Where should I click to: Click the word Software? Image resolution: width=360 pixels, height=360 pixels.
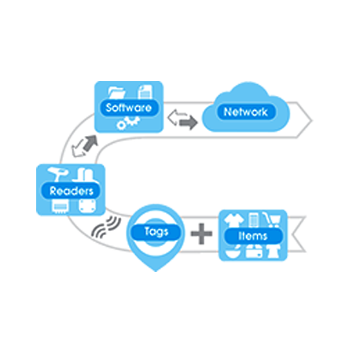pos(129,108)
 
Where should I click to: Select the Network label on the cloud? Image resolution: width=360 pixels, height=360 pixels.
pos(245,112)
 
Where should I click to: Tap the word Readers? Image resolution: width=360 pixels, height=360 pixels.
pos(72,191)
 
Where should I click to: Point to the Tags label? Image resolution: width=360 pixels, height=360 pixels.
pos(156,232)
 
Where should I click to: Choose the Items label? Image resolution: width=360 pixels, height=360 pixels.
pos(252,236)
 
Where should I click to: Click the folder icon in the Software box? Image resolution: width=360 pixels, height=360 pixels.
pos(116,93)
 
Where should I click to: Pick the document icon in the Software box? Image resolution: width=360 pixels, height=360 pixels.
pos(145,92)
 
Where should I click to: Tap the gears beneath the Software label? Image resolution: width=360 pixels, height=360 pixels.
pos(127,123)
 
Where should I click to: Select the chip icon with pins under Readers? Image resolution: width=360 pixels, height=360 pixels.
pos(61,207)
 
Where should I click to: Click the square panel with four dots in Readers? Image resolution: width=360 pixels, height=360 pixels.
pos(87,206)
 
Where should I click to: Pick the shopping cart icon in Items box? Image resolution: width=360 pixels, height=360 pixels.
pos(272,220)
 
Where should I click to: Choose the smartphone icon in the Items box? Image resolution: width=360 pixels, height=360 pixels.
pos(253,220)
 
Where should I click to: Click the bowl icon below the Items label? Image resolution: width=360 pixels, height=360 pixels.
pos(232,252)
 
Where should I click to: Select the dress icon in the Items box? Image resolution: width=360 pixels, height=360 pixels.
pos(273,252)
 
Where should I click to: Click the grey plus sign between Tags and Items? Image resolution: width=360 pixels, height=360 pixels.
pos(201,233)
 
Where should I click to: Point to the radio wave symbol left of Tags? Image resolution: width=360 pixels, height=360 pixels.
pos(106,227)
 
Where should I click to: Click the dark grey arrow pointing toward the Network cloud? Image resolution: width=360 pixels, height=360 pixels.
pos(189,123)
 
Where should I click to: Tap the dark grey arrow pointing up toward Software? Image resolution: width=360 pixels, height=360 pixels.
pos(90,143)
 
